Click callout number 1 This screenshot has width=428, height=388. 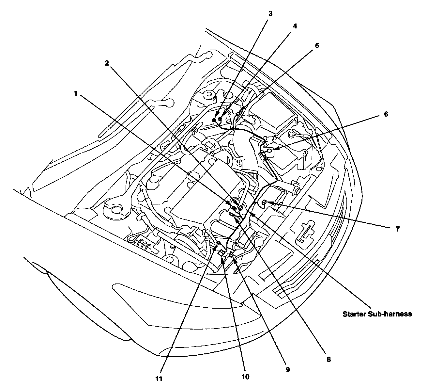(x=75, y=93)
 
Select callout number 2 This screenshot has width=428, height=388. (x=106, y=63)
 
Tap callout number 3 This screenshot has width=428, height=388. (x=270, y=14)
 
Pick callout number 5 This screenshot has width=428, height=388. (x=317, y=45)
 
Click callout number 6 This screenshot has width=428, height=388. (x=386, y=114)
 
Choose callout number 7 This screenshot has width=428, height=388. (x=397, y=229)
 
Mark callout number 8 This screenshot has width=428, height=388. (x=329, y=359)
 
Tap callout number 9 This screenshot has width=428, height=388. (x=287, y=369)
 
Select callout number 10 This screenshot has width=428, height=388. (x=245, y=377)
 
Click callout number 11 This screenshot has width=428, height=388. (x=159, y=379)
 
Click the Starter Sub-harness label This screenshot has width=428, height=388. (x=377, y=314)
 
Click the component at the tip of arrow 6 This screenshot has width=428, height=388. (x=269, y=151)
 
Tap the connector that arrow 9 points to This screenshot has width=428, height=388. (x=231, y=255)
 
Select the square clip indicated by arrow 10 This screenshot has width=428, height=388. (x=221, y=252)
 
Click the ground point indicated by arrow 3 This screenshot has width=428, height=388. (x=214, y=120)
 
